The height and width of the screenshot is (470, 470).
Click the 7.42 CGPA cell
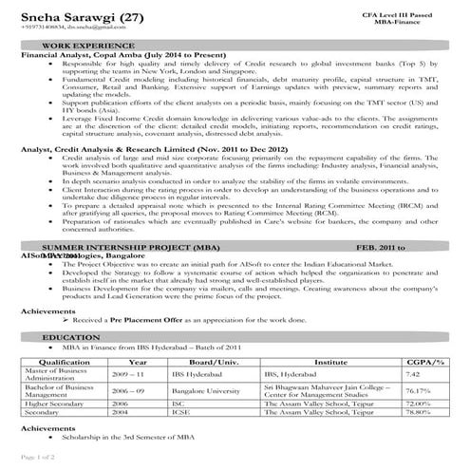coord(413,374)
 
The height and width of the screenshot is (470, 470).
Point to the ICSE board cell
coord(180,413)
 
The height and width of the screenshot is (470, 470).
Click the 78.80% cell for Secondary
coord(417,413)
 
